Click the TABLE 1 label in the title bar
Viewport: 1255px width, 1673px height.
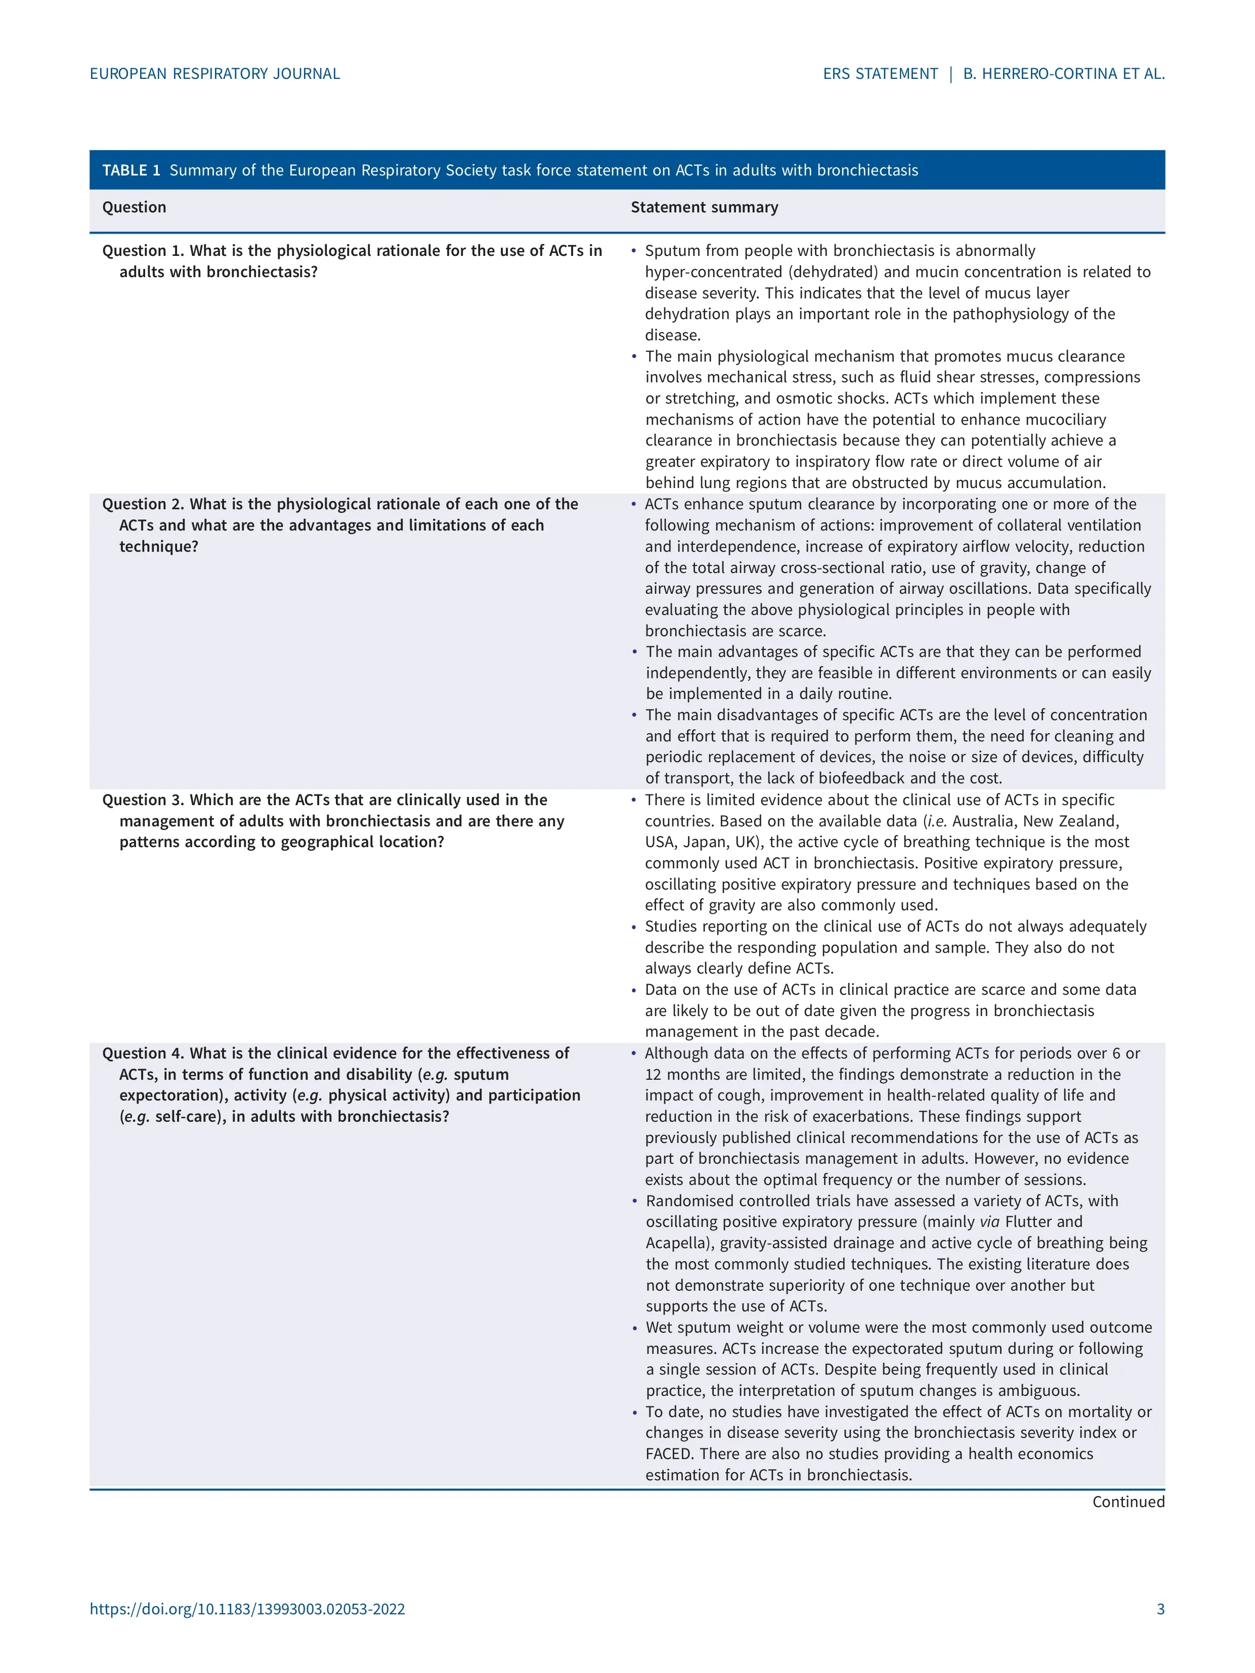pos(131,170)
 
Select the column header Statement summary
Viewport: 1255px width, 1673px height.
pos(704,207)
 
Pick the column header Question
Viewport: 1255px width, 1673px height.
pos(134,207)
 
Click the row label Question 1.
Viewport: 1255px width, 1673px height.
pos(143,251)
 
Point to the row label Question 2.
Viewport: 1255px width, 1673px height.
pos(143,504)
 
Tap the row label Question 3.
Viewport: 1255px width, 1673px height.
pos(143,800)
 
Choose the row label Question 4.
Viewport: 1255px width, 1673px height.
pos(143,1053)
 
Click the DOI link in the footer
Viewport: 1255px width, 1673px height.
pos(247,1609)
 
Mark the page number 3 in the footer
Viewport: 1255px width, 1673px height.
pos(1160,1609)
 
